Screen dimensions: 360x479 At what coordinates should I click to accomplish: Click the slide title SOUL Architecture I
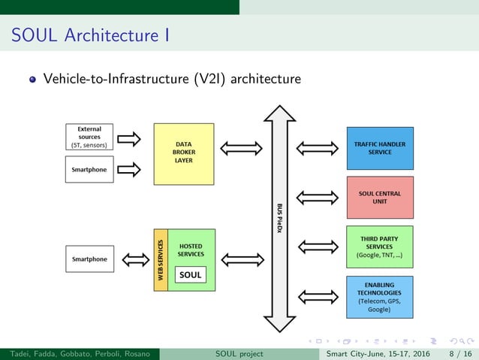(89, 35)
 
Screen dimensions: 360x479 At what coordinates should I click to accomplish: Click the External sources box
(90, 136)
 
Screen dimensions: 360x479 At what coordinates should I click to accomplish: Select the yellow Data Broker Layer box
(184, 154)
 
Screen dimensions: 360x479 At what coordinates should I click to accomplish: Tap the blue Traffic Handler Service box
(379, 147)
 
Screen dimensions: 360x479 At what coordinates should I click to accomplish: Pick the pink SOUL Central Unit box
(379, 198)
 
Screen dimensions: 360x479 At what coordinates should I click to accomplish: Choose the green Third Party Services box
(379, 247)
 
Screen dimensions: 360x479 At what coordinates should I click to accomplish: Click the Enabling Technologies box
(379, 297)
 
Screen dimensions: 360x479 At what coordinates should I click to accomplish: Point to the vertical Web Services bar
(160, 260)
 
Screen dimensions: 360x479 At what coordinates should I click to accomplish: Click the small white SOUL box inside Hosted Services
(191, 275)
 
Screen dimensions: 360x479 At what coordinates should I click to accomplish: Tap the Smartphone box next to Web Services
(89, 259)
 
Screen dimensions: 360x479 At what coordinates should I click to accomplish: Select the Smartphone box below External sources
(89, 170)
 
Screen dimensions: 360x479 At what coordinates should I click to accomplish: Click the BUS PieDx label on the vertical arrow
(280, 216)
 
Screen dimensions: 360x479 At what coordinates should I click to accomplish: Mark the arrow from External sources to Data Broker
(129, 138)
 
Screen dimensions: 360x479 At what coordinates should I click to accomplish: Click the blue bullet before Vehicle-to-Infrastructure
(32, 79)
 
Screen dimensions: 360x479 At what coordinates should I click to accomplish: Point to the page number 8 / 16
(460, 353)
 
